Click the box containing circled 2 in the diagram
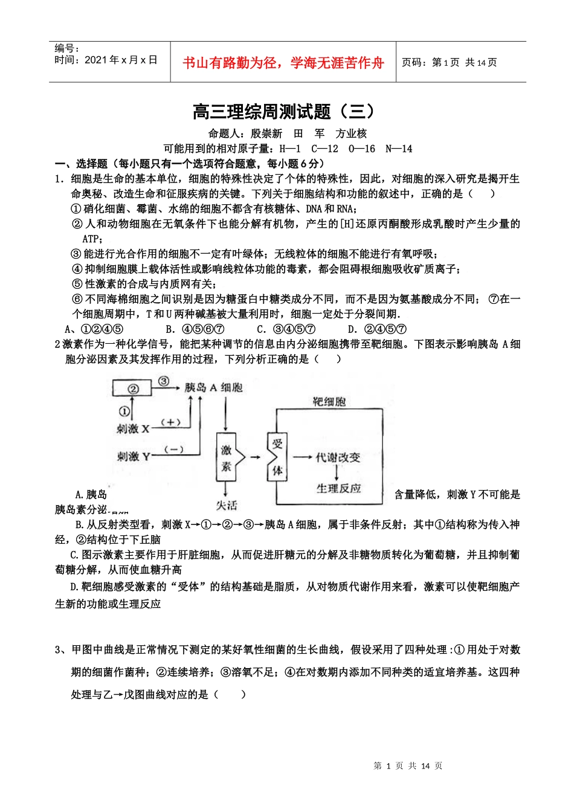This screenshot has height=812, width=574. pos(133,389)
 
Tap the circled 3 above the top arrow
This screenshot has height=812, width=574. pos(163,381)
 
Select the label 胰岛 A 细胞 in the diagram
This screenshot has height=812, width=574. pos(213,387)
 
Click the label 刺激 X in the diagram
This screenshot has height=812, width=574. pos(132,428)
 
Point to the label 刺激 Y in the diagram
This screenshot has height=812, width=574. pos(133,456)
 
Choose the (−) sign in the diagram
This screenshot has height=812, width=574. pos(174,449)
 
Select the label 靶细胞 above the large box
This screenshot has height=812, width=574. pos(329,402)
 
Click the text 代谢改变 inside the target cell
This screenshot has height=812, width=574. pos(338,457)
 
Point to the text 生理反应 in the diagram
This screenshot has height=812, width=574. pos(338,488)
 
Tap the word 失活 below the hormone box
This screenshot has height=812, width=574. pos(227,505)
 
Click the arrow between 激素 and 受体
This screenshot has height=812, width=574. pos(255,457)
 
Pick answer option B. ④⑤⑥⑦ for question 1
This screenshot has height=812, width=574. pos(195,329)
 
